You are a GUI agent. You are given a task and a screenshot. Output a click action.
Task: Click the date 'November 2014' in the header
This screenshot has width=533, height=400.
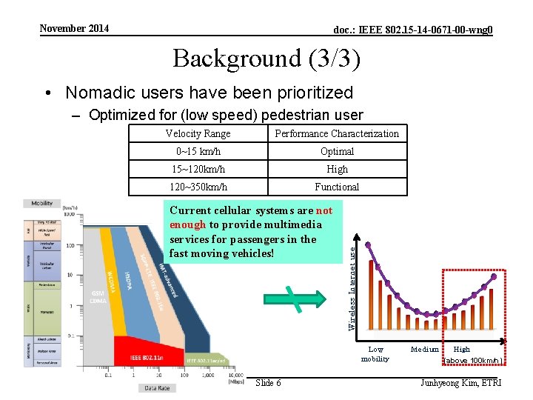74,28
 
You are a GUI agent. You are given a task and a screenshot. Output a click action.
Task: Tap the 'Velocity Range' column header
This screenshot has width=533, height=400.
198,133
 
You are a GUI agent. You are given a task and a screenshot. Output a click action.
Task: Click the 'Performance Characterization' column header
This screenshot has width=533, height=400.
337,133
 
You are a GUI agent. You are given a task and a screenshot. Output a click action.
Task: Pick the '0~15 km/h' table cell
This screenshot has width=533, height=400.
198,151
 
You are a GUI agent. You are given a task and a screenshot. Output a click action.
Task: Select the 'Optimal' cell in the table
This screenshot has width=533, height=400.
337,151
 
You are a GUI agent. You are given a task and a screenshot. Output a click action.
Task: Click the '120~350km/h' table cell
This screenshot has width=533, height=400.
198,187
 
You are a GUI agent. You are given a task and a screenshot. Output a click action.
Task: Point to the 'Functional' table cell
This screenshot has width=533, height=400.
337,187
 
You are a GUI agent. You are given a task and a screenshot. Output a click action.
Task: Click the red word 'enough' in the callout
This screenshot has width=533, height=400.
187,224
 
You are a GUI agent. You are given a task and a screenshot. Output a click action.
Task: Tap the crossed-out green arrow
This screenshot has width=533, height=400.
295,299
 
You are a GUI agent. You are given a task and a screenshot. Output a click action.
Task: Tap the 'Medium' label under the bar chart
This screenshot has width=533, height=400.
425,349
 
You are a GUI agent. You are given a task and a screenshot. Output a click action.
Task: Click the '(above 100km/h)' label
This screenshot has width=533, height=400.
473,361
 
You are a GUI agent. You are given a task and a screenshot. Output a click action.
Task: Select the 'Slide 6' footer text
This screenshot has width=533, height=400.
267,383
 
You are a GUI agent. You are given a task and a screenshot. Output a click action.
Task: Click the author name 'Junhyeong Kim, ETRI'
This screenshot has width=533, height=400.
460,383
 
